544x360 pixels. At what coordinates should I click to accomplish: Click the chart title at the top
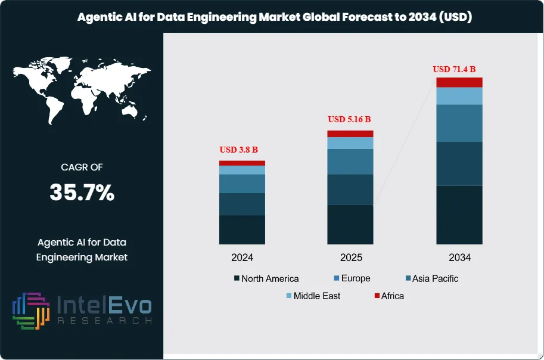[x=275, y=17]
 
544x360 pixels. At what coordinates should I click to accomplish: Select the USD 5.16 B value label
[x=350, y=119]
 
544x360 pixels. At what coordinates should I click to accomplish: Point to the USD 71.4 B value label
[x=458, y=69]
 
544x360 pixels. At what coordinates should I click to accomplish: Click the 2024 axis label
[x=242, y=258]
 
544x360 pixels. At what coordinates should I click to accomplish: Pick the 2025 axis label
[x=350, y=258]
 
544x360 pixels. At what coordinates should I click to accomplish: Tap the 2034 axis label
[x=459, y=258]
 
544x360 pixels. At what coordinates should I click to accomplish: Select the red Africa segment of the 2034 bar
[x=459, y=82]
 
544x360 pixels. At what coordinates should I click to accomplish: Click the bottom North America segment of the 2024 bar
[x=242, y=229]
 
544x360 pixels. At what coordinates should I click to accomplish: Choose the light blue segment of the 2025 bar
[x=350, y=143]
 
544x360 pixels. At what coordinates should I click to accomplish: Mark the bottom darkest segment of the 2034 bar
[x=459, y=215]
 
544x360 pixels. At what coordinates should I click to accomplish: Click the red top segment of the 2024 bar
[x=242, y=163]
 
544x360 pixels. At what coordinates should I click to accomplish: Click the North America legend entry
[x=266, y=279]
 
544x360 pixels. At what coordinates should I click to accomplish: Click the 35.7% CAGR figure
[x=82, y=193]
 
